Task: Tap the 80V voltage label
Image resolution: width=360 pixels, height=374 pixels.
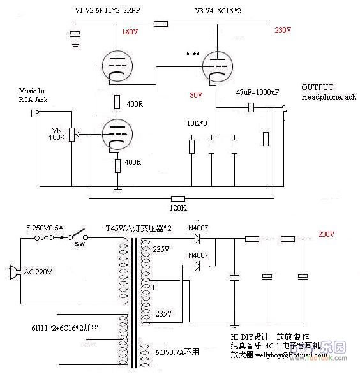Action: pyautogui.click(x=195, y=95)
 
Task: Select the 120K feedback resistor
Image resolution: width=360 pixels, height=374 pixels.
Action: pyautogui.click(x=178, y=208)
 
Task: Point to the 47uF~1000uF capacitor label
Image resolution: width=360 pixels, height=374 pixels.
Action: pyautogui.click(x=257, y=93)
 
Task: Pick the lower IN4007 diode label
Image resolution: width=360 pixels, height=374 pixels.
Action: pyautogui.click(x=198, y=255)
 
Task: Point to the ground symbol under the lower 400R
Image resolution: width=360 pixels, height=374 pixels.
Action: pyautogui.click(x=118, y=190)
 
